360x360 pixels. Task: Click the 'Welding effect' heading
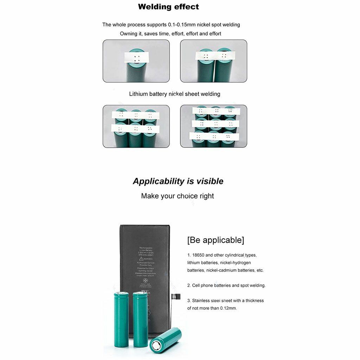click(168, 7)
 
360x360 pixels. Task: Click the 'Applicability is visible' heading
click(178, 181)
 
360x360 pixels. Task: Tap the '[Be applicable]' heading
click(216, 240)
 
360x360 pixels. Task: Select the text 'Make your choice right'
click(178, 196)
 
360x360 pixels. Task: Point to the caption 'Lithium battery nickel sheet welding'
click(174, 94)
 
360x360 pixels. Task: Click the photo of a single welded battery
click(136, 61)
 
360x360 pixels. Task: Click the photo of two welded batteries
click(213, 61)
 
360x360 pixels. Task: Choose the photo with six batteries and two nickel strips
click(136, 126)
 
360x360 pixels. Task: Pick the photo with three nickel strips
click(213, 126)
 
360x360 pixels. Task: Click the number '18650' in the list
click(198, 255)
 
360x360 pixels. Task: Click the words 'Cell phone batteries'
click(211, 285)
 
